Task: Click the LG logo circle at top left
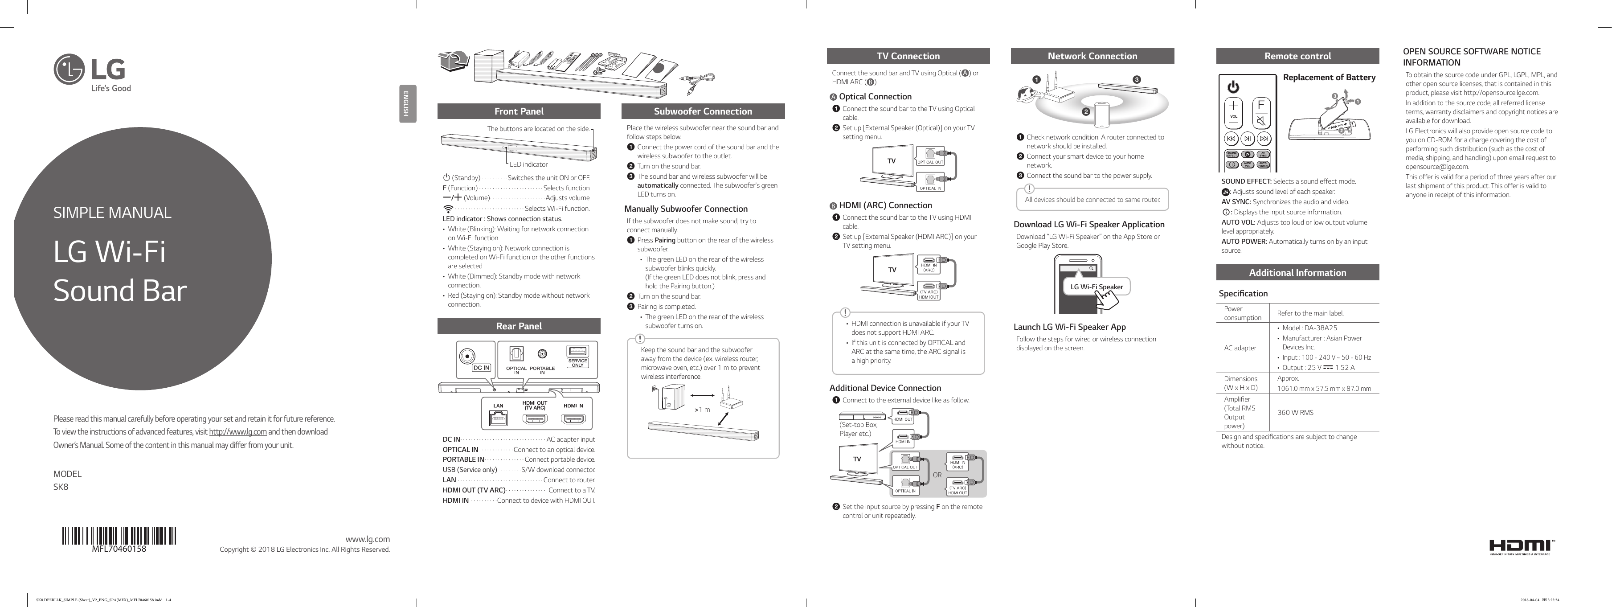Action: (69, 69)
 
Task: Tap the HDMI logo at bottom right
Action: (1521, 546)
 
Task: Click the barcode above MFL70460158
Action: (119, 536)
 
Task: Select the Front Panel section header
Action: (518, 111)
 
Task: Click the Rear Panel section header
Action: (518, 326)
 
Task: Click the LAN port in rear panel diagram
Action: (498, 418)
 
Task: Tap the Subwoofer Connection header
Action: (703, 111)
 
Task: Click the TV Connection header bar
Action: (908, 56)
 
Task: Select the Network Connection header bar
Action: (1092, 56)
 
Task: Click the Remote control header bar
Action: (1297, 56)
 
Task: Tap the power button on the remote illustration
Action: (1233, 87)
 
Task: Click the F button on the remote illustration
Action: (1261, 105)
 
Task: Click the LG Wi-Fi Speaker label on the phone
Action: (1096, 287)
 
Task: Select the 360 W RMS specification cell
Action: (1295, 412)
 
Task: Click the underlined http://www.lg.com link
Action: (238, 432)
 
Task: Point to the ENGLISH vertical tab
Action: (407, 103)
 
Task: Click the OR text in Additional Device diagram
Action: (937, 475)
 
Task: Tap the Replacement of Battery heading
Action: (1329, 78)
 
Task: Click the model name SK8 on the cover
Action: (61, 487)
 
